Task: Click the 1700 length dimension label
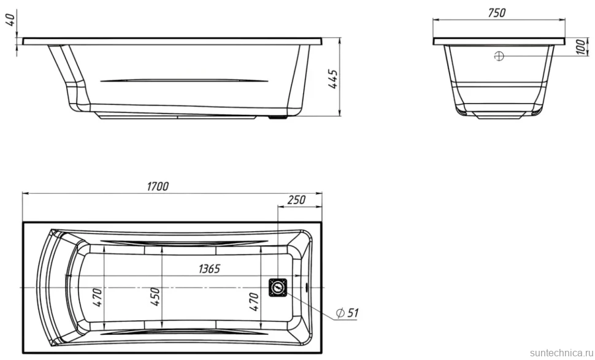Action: tap(158, 186)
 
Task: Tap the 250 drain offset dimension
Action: tap(297, 199)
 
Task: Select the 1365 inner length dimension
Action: tap(209, 269)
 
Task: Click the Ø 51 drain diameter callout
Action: tap(347, 313)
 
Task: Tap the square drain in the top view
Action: tap(278, 287)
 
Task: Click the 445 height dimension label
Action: tap(333, 79)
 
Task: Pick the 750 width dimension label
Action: tap(496, 13)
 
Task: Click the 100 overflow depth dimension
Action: tap(581, 47)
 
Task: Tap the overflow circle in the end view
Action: tap(499, 56)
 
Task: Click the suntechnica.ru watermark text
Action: tap(562, 353)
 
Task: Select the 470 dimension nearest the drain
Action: tap(254, 302)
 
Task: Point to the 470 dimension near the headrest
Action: tap(97, 297)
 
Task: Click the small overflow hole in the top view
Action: tap(306, 287)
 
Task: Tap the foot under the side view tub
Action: tap(277, 118)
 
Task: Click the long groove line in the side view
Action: tap(185, 80)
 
